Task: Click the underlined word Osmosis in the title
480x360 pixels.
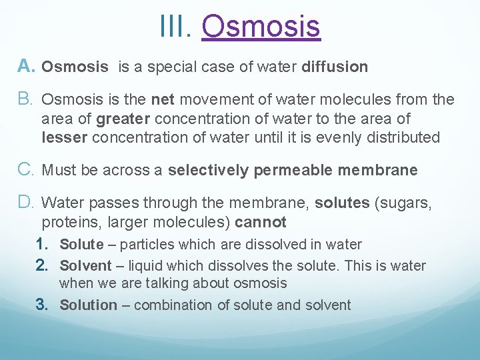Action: click(261, 27)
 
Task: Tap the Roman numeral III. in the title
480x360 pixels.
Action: click(176, 27)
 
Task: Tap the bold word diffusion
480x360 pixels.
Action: click(335, 67)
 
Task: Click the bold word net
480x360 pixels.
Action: click(163, 100)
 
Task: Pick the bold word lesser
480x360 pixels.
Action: click(65, 138)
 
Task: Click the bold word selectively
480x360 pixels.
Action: click(209, 171)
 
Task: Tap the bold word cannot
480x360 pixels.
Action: click(260, 223)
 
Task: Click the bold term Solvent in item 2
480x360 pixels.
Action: click(85, 266)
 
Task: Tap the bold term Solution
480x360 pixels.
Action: click(88, 305)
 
